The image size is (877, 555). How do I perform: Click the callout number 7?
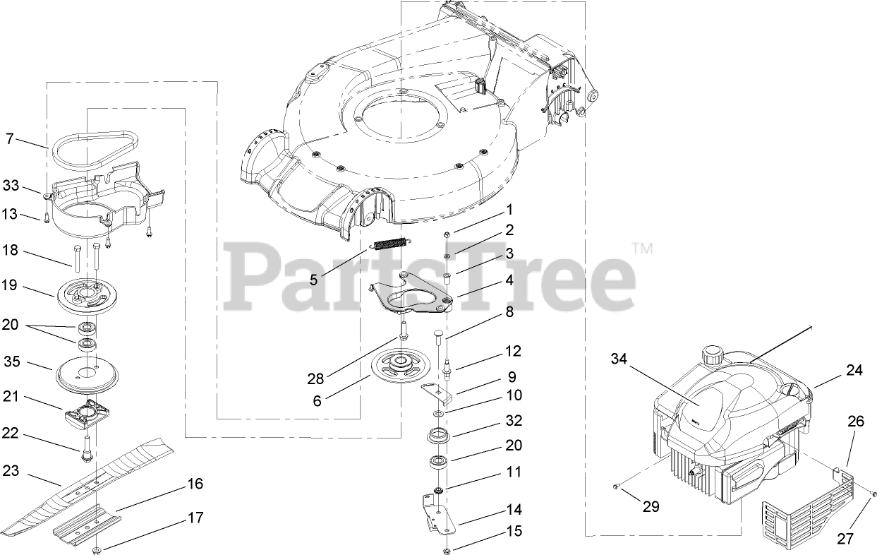click(x=10, y=138)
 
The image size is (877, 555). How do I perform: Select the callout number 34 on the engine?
click(x=619, y=360)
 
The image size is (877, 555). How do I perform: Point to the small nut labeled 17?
click(x=96, y=550)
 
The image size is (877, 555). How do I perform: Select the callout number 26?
click(x=855, y=422)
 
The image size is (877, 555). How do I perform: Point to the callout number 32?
click(x=514, y=421)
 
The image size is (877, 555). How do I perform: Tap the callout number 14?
click(x=514, y=510)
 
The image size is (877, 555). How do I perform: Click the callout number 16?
click(x=195, y=484)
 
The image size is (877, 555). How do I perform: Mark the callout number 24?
click(x=854, y=370)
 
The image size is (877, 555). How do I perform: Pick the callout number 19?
click(x=11, y=287)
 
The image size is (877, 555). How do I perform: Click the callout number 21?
click(x=11, y=398)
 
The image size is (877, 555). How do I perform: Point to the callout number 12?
click(x=512, y=351)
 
